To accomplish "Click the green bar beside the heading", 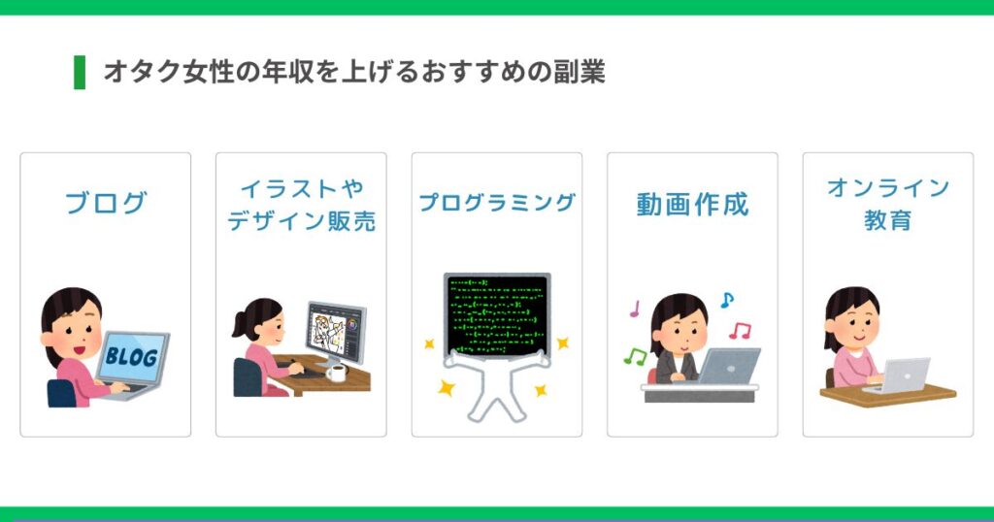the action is coord(80,72).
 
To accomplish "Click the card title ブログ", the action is coord(106,203).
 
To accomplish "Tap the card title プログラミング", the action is coord(497,203).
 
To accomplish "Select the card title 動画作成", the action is coord(692,204).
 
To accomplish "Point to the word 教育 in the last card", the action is coord(887,220).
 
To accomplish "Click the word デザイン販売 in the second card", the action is coord(301,221).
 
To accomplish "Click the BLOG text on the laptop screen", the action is coord(131,356).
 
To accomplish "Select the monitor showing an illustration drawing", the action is coord(336,332).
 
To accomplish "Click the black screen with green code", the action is coord(497,314).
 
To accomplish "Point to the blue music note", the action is coord(726,299).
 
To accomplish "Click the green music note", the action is coord(635,357).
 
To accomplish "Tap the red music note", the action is coord(740,330).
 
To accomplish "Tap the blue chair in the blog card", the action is coord(61,393).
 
